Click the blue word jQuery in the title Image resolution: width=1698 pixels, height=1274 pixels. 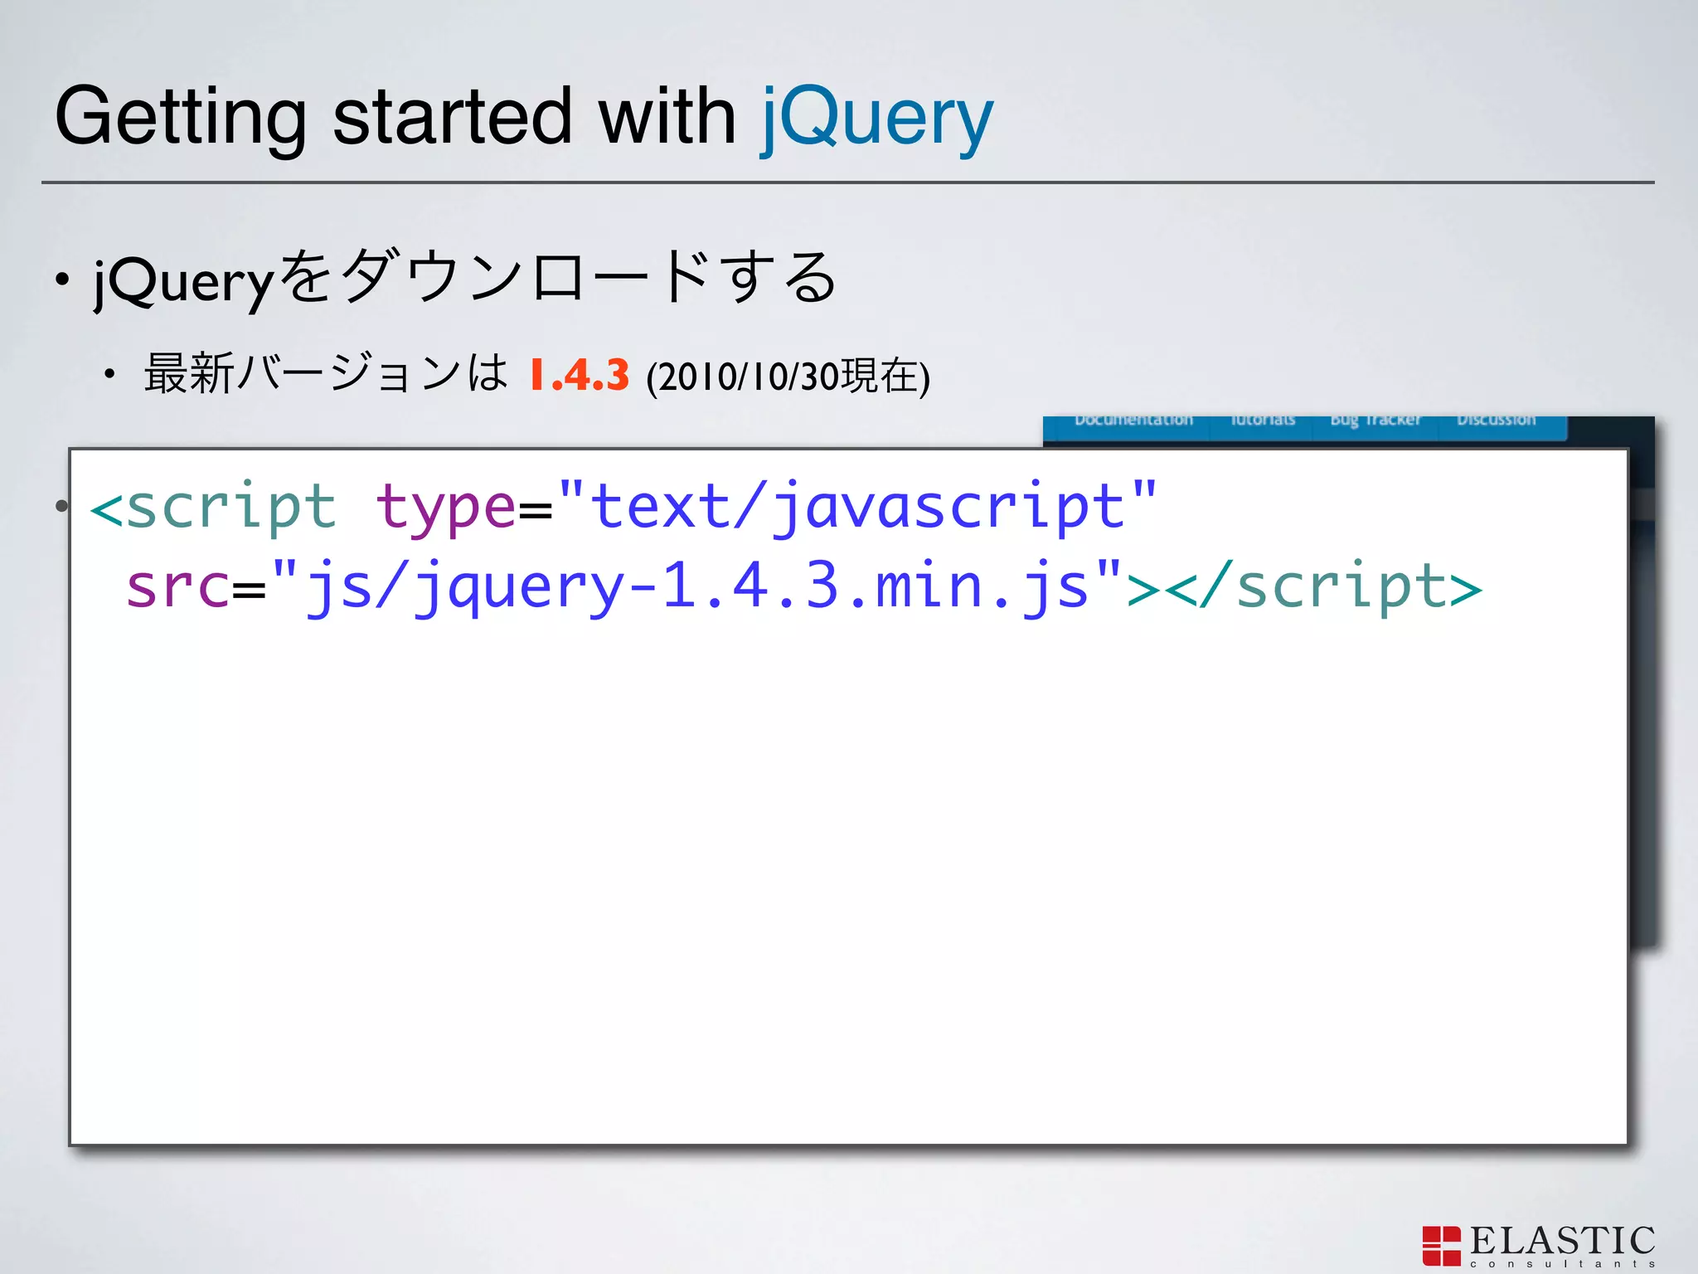(876, 119)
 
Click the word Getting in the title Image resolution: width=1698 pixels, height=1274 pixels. (181, 119)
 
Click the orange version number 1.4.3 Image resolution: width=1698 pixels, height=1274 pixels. (579, 375)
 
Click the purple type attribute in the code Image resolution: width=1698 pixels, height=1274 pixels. (445, 508)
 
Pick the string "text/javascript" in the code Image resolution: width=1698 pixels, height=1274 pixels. (857, 506)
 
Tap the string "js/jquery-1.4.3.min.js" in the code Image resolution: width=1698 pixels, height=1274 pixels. (696, 587)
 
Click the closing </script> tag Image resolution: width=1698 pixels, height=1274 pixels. (1327, 587)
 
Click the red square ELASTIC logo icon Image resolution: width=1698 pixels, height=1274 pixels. (1441, 1246)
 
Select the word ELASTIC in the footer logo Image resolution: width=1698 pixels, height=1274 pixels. (1562, 1241)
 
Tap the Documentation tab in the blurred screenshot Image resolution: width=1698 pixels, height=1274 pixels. (1133, 421)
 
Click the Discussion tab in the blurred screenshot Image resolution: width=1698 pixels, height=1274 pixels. (1496, 421)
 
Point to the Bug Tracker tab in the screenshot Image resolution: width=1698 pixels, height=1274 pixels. (1375, 421)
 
